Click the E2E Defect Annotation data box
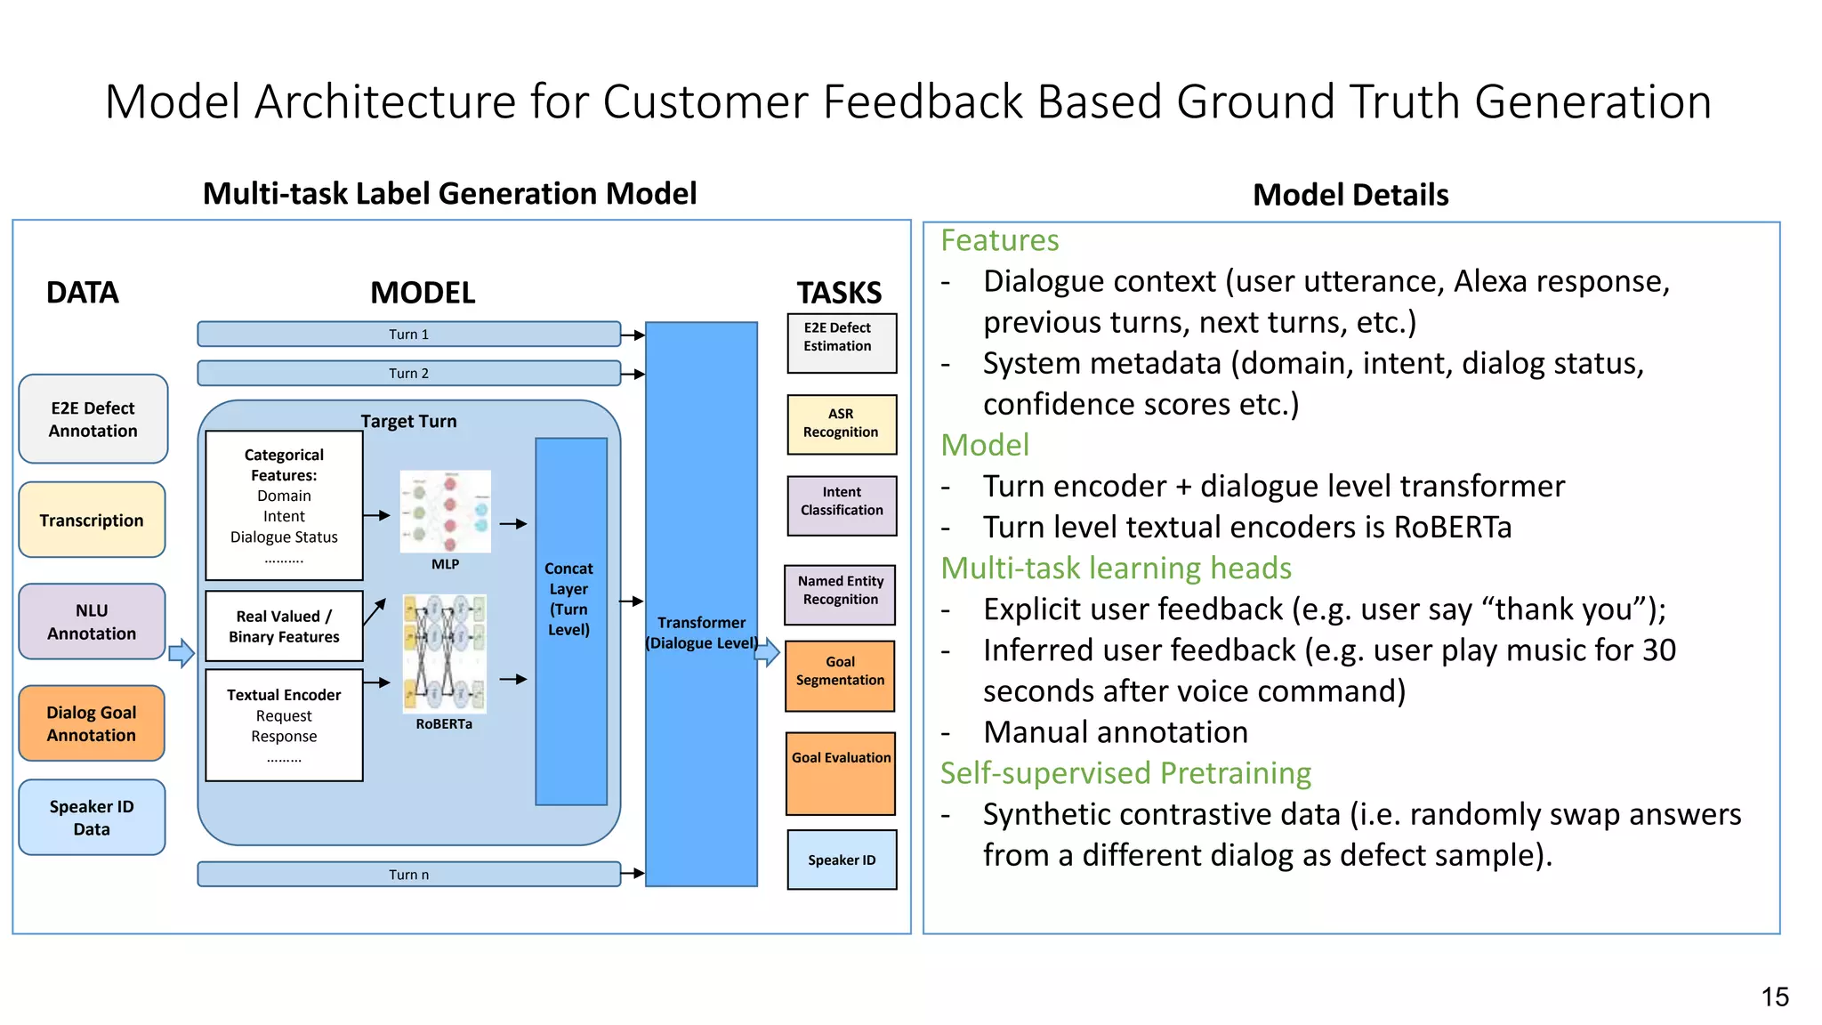point(93,419)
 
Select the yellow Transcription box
point(92,521)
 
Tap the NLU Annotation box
point(92,622)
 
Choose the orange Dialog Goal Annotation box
point(92,723)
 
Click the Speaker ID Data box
point(92,818)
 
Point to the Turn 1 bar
point(408,335)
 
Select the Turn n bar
point(408,875)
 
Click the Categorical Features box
point(284,505)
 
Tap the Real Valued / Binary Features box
point(284,626)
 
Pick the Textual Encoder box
point(284,725)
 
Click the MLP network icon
point(445,512)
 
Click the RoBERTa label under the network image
point(444,724)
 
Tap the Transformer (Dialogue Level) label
point(701,633)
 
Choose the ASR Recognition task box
point(842,424)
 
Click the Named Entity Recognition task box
point(840,591)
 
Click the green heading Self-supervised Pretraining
point(1125,773)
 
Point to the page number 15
point(1774,997)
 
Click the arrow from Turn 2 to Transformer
point(633,375)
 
